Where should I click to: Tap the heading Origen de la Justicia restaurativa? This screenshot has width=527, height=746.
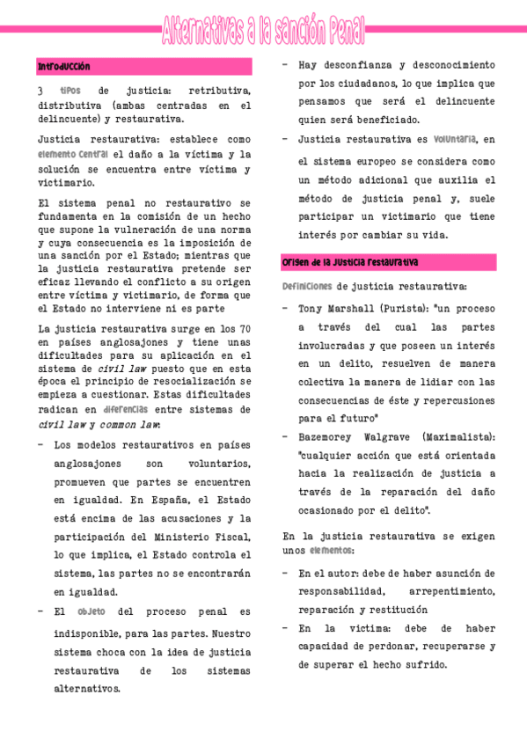[x=349, y=262]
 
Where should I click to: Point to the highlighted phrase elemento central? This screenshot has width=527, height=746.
[x=72, y=154]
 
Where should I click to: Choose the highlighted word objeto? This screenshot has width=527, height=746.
[x=91, y=611]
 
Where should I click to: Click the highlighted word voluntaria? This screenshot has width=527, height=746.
[x=455, y=139]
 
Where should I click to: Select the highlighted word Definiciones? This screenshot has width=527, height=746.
[x=307, y=286]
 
